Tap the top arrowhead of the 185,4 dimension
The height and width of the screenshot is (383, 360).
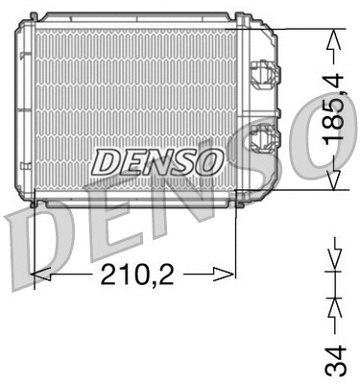pyautogui.click(x=333, y=38)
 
